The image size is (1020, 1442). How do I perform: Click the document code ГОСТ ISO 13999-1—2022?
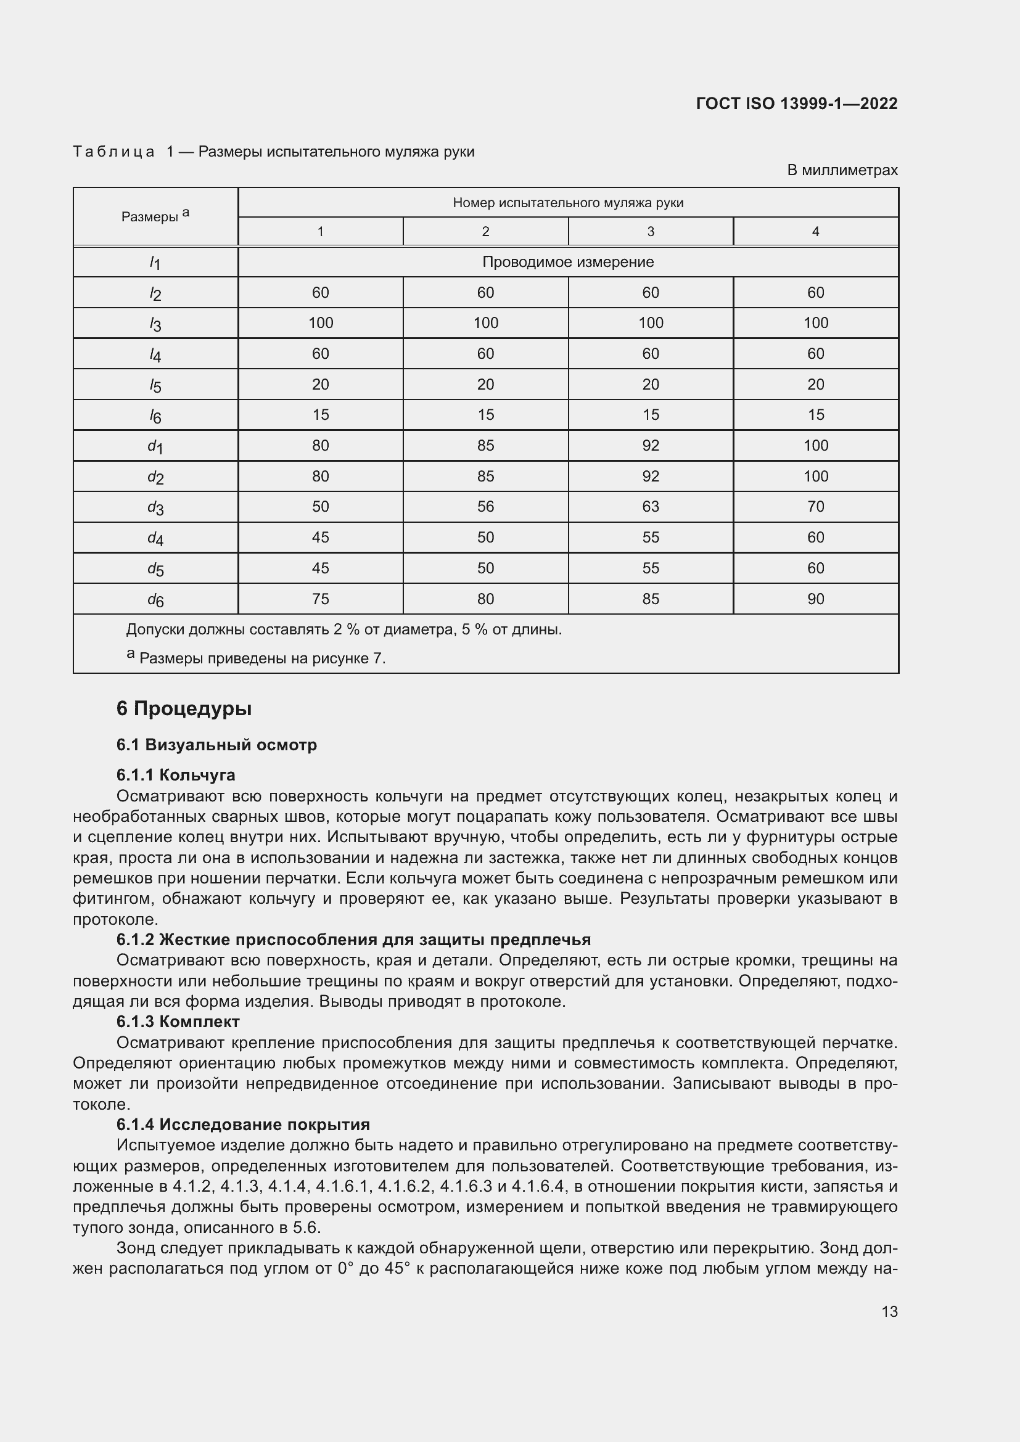coord(796,104)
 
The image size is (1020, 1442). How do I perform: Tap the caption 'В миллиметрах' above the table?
coord(842,170)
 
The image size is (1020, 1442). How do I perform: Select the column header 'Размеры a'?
coord(155,216)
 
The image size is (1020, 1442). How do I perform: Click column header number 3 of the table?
coord(651,232)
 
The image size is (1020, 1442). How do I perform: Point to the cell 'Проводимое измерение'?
coord(568,262)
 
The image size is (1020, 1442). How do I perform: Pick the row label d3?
coord(155,507)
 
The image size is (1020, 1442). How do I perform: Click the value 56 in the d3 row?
coord(485,507)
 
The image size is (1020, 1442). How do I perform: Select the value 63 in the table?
coord(651,507)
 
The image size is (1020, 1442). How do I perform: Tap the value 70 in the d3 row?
coord(815,507)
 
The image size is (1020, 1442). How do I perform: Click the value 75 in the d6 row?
coord(320,599)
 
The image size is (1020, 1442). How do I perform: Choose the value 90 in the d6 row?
coord(815,599)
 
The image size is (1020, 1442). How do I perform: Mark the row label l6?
coord(155,416)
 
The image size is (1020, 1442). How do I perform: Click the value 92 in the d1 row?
coord(651,446)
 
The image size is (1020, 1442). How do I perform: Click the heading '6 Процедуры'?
coord(184,708)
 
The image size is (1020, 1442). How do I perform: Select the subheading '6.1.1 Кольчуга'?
coord(175,774)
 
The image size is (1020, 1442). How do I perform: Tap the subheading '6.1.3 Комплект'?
coord(178,1021)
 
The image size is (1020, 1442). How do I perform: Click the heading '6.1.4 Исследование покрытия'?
coord(243,1125)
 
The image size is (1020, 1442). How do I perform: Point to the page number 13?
coord(889,1311)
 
